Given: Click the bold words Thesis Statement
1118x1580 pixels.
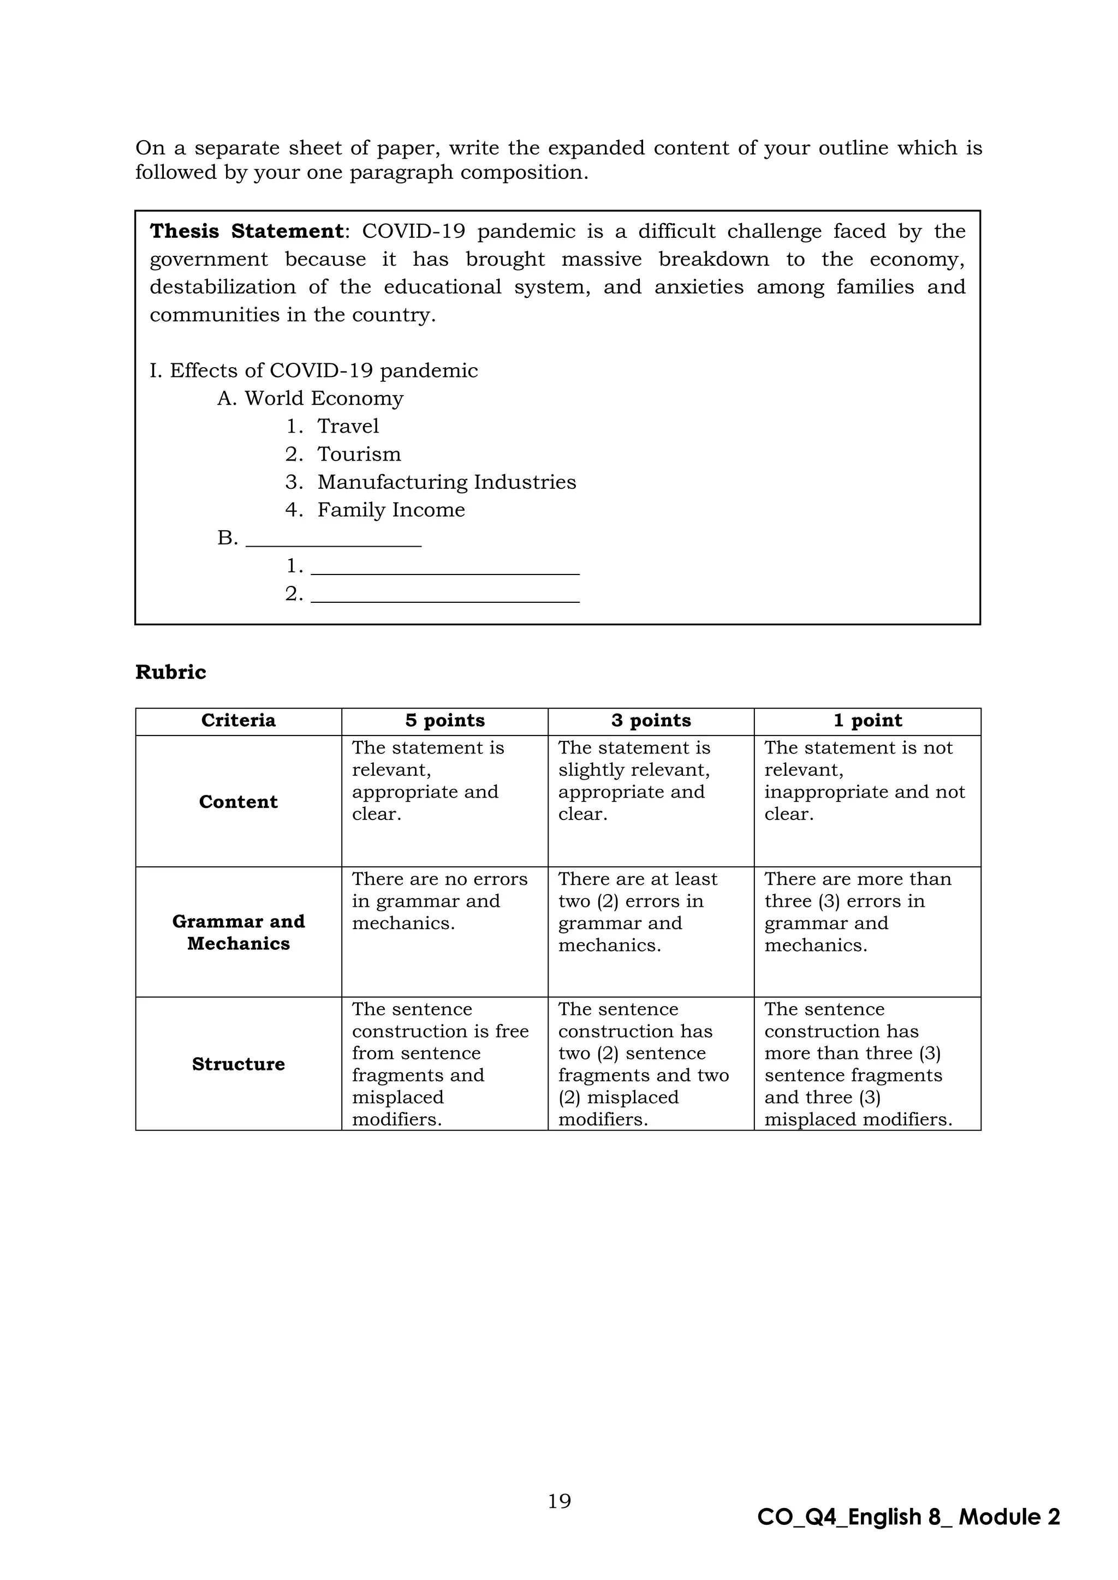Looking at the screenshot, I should pyautogui.click(x=246, y=231).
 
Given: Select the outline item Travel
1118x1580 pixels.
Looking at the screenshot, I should pyautogui.click(x=348, y=426).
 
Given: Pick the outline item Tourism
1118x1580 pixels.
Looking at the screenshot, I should pyautogui.click(x=359, y=454).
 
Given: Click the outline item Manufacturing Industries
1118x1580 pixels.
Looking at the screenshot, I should pyautogui.click(x=446, y=482).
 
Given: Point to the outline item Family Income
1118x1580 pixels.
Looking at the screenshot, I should pyautogui.click(x=390, y=510).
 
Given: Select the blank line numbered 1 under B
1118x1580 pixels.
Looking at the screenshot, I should pyautogui.click(x=445, y=568).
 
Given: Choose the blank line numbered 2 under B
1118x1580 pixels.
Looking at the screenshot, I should pyautogui.click(x=445, y=596).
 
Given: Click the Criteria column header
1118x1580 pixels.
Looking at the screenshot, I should pyautogui.click(x=238, y=721).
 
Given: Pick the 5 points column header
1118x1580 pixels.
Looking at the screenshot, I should pyautogui.click(x=445, y=721).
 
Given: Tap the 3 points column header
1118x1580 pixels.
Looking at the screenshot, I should pyautogui.click(x=651, y=721).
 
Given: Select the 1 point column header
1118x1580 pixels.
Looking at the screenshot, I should pyautogui.click(x=867, y=721).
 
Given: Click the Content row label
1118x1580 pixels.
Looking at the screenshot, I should pyautogui.click(x=238, y=801).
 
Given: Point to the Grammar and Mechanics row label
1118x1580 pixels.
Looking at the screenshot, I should pyautogui.click(x=238, y=932).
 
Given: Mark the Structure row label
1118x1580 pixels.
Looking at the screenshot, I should pyautogui.click(x=238, y=1064).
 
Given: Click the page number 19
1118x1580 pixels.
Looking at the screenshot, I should pyautogui.click(x=559, y=1501).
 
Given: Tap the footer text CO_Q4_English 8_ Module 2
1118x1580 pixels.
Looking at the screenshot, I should pyautogui.click(x=908, y=1517).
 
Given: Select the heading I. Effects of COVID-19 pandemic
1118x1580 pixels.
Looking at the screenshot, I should pyautogui.click(x=313, y=370).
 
